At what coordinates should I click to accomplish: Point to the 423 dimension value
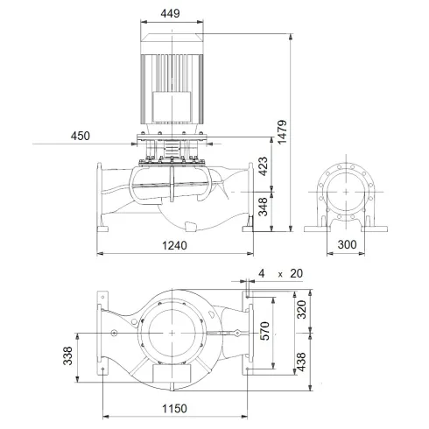(x=263, y=166)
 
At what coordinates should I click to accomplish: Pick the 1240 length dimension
(x=176, y=246)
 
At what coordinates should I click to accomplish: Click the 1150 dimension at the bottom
(x=175, y=409)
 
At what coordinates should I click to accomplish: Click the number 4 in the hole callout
(x=261, y=274)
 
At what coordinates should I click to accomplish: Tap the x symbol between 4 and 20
(x=279, y=274)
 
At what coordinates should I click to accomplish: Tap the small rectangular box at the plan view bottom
(x=168, y=374)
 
